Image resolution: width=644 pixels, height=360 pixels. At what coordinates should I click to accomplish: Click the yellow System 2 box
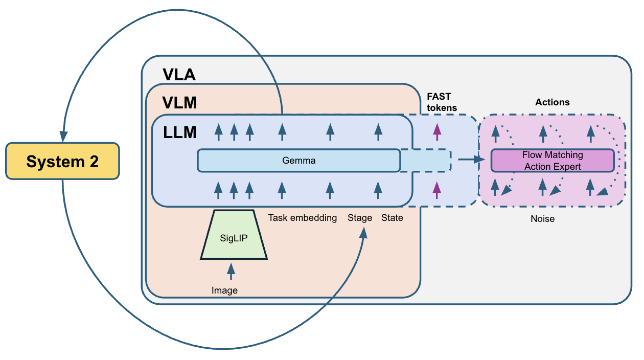(x=62, y=161)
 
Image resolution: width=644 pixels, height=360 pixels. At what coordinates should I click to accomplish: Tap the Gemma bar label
(x=299, y=161)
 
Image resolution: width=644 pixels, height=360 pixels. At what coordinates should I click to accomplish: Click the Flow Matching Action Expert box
(x=552, y=161)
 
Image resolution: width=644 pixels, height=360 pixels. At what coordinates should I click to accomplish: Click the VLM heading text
(x=179, y=103)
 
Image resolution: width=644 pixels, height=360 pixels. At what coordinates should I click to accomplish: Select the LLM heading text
(x=179, y=132)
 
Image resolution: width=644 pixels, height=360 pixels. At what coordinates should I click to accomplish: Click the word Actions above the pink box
(x=552, y=102)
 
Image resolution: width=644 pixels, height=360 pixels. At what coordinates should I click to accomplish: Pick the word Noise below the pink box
(x=542, y=219)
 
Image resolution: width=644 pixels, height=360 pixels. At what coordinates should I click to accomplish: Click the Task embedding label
(x=303, y=218)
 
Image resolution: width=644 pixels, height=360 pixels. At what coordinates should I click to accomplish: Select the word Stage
(x=360, y=218)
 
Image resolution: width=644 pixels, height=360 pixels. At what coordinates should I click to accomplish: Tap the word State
(x=392, y=218)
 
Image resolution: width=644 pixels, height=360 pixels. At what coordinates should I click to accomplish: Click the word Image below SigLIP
(x=224, y=290)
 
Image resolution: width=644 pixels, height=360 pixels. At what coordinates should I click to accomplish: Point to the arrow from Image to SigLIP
(x=231, y=272)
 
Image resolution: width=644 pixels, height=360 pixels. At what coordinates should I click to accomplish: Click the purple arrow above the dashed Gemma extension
(x=437, y=131)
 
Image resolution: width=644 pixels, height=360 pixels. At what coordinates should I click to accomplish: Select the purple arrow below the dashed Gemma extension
(x=437, y=189)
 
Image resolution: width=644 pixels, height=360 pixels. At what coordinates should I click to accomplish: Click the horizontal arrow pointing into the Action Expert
(x=471, y=160)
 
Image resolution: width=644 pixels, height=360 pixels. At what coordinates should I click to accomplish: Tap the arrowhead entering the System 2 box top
(x=63, y=137)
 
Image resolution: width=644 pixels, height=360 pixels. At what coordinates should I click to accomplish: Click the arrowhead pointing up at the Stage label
(x=363, y=233)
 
